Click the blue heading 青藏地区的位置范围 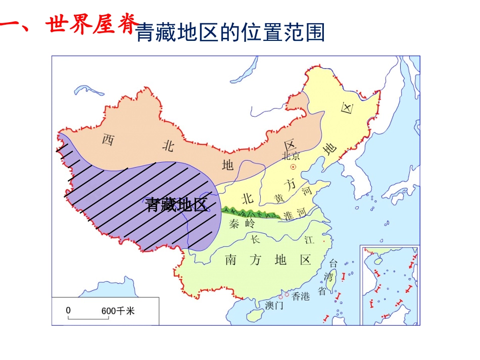[230, 32]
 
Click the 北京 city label [292, 156]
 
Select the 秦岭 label [242, 223]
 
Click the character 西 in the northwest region [108, 139]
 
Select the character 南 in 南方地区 [230, 260]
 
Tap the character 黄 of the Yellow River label [279, 197]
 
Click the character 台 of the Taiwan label [333, 263]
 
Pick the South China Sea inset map [390, 285]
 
